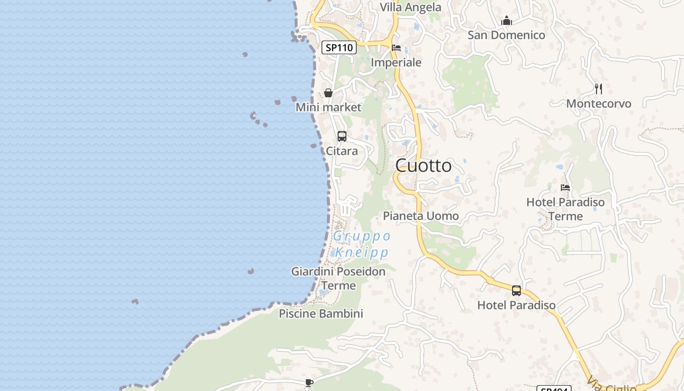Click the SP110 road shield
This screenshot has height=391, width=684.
tap(339, 47)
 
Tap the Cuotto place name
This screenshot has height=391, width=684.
tap(424, 166)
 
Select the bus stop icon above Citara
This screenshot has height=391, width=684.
tap(342, 136)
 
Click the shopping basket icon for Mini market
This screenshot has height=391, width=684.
tap(328, 93)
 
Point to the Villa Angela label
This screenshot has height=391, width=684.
tap(410, 7)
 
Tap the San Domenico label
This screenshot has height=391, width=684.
tap(506, 35)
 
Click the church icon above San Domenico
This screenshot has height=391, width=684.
tap(507, 21)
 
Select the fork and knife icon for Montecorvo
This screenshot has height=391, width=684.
tap(598, 89)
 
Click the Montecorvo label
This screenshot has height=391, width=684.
tap(598, 104)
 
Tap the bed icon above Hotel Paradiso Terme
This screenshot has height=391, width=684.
tap(565, 187)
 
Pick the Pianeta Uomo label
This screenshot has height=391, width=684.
tap(421, 216)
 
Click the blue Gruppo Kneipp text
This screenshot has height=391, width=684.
tap(362, 244)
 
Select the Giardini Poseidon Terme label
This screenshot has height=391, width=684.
tap(339, 278)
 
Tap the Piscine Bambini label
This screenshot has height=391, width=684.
tap(321, 314)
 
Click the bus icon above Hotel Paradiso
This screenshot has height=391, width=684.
tap(516, 291)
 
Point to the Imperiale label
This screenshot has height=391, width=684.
tap(396, 63)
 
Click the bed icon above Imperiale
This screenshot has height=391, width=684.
tap(396, 48)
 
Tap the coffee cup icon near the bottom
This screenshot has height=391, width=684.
tap(309, 383)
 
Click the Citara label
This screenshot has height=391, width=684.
tap(342, 151)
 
